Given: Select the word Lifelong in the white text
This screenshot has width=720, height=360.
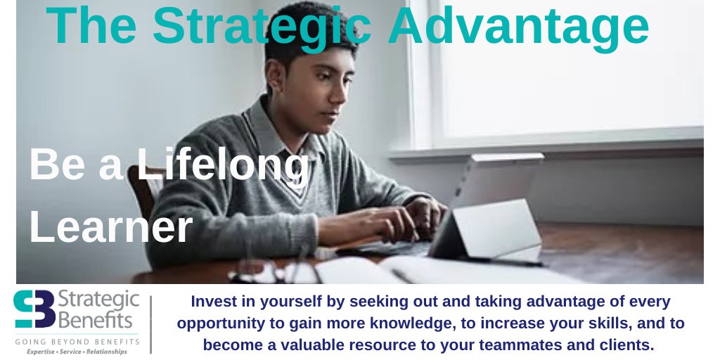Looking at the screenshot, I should pyautogui.click(x=223, y=167).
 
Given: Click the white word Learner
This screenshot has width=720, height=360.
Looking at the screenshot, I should pyautogui.click(x=110, y=226).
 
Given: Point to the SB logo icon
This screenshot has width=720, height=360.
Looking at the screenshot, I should pyautogui.click(x=34, y=310).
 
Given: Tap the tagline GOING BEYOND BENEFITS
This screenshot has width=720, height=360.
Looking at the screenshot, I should pyautogui.click(x=77, y=341).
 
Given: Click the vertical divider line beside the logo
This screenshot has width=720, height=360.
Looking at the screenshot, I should pyautogui.click(x=150, y=323).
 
